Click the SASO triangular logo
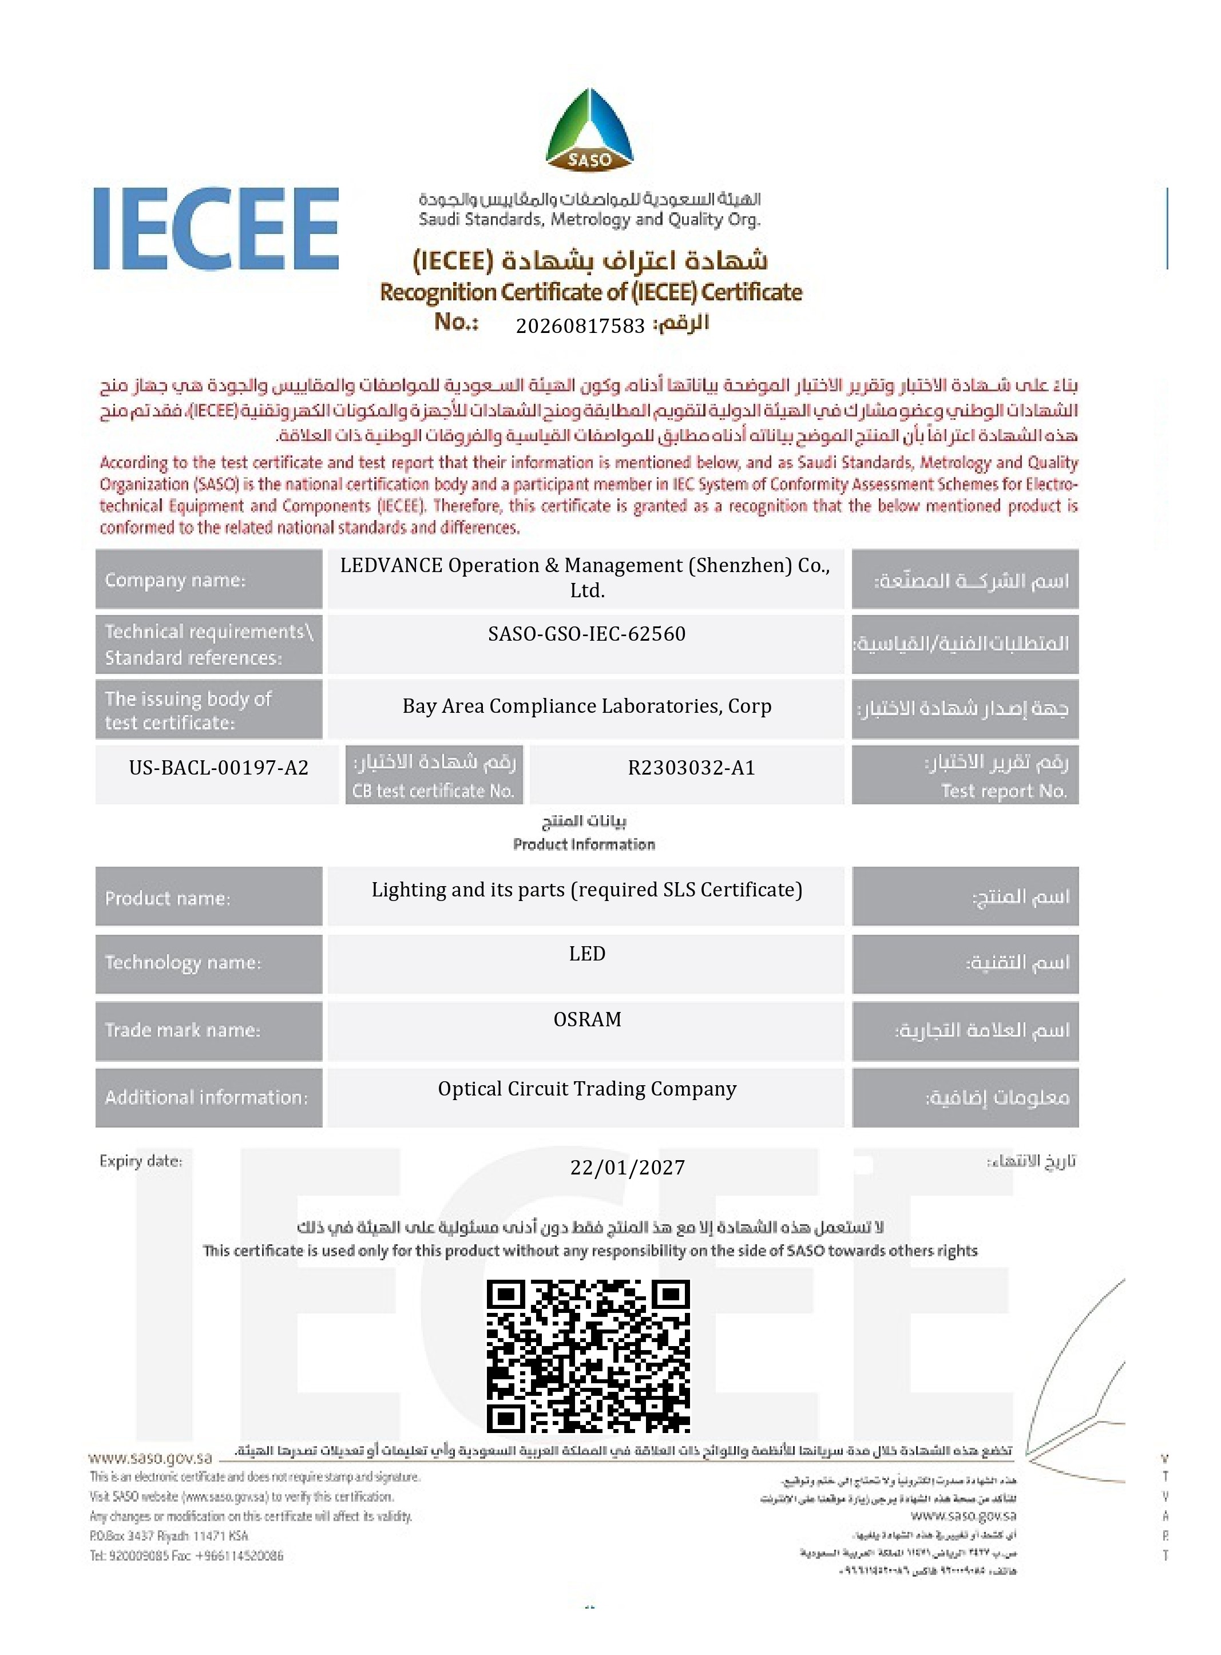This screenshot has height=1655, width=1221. tap(589, 129)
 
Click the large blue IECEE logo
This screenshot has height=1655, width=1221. tap(216, 228)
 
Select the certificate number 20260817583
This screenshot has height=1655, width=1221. tap(580, 326)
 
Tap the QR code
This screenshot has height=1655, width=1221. tap(588, 1356)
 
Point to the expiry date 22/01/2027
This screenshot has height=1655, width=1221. tap(628, 1168)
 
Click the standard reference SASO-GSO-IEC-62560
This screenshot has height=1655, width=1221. tap(587, 634)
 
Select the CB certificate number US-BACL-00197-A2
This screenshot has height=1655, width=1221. tap(219, 768)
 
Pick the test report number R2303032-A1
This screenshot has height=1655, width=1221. tap(691, 768)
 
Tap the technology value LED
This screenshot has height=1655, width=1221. tap(587, 954)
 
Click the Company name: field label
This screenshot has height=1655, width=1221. tap(175, 580)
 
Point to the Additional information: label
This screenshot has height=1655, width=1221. tap(206, 1097)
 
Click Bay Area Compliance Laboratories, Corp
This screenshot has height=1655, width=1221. tap(587, 707)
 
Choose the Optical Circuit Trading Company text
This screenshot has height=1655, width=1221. tap(587, 1089)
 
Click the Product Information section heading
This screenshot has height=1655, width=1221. tap(584, 844)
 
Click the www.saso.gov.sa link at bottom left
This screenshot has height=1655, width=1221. tap(150, 1458)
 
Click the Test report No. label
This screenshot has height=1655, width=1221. tap(1004, 791)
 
